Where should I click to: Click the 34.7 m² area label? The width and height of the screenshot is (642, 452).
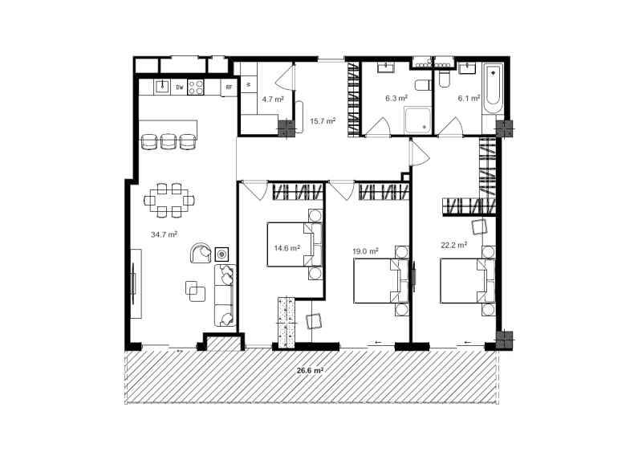click(x=165, y=234)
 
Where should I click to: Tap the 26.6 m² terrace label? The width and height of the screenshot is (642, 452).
click(x=311, y=370)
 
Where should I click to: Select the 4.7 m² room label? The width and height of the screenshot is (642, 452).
click(x=273, y=100)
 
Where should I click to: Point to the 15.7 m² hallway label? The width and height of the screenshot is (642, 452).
click(x=323, y=121)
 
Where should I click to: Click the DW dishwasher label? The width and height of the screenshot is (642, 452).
click(x=179, y=88)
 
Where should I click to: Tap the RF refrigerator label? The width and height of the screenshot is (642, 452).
click(x=230, y=88)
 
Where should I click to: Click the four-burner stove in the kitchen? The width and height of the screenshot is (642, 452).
click(x=196, y=88)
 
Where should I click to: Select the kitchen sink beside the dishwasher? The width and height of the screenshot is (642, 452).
click(x=163, y=87)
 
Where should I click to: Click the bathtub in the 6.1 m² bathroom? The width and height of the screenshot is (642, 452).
click(x=493, y=89)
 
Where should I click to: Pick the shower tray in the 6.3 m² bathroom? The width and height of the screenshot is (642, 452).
click(x=418, y=120)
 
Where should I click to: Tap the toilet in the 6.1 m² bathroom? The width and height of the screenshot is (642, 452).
click(x=444, y=79)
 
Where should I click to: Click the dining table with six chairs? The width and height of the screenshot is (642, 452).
click(x=169, y=201)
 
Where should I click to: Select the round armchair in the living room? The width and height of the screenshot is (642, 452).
click(x=201, y=253)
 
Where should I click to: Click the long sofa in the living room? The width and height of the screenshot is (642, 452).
click(x=226, y=295)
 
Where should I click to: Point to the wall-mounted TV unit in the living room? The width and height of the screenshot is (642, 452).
click(x=136, y=283)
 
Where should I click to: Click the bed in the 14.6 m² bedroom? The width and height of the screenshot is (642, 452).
click(x=295, y=244)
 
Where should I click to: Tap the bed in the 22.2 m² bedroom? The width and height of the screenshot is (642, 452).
click(x=468, y=281)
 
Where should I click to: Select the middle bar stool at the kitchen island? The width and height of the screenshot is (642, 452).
click(x=169, y=141)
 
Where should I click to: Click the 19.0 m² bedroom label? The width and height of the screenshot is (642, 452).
click(x=366, y=251)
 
